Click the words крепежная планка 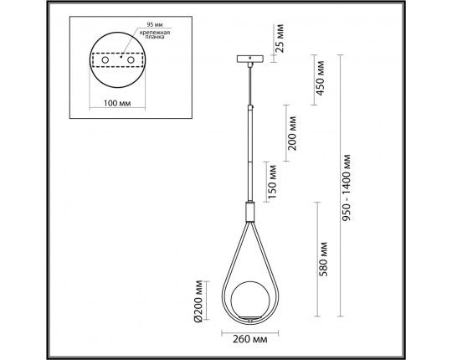coord(155,35)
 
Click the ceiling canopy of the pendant coord(249,60)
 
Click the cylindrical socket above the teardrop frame coord(249,211)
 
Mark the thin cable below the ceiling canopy coord(249,84)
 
